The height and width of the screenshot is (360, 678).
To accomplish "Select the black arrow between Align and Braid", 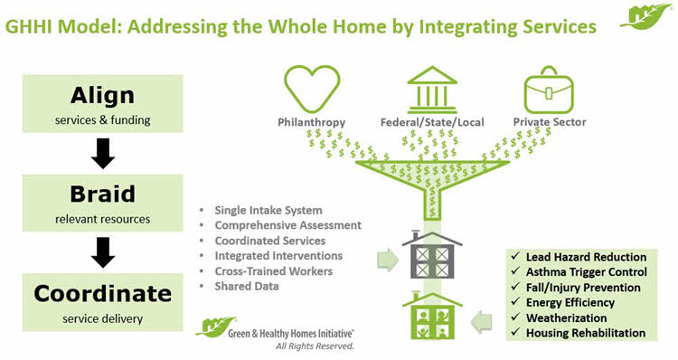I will coord(104,154).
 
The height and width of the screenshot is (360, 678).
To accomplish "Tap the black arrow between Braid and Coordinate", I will coord(104,252).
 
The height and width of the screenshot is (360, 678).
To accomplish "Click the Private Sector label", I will coord(549,121).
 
